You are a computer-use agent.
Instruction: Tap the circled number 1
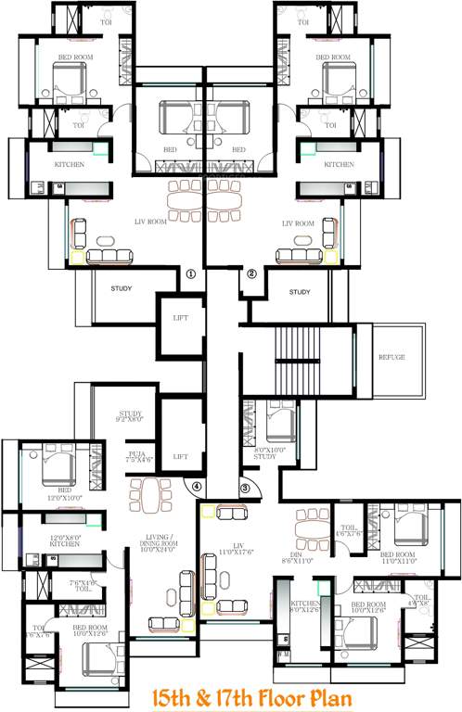click(191, 273)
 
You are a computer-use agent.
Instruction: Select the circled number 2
click(250, 273)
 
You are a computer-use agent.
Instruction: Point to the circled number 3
click(245, 489)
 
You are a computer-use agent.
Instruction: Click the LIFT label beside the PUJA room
click(180, 456)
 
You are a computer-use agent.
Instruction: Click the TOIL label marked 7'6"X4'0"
click(83, 585)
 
